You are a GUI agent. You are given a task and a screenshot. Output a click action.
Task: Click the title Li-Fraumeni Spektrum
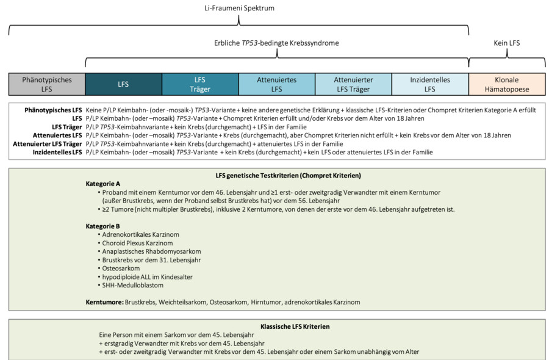coord(239,9)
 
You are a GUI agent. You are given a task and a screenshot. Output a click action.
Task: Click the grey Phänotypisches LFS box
coord(47,84)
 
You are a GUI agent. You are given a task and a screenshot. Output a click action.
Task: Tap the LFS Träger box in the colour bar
coord(200,84)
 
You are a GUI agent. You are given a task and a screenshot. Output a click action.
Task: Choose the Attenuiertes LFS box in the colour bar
coord(276,84)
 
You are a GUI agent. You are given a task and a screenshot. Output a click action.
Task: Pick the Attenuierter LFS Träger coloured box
coord(353,84)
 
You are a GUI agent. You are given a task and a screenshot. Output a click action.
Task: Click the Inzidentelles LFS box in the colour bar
coord(430,84)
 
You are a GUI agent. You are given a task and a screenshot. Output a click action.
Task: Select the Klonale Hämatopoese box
coord(507,84)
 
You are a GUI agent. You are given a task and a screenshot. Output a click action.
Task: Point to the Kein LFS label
coord(506,43)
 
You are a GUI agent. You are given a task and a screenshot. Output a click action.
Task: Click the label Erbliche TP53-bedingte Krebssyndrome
coord(277,43)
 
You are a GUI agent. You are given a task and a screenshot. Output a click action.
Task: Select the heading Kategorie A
coord(103,184)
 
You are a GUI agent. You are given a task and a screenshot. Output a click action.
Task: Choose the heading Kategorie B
coord(103,226)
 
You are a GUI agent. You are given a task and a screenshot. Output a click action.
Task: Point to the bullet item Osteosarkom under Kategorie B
coord(122,268)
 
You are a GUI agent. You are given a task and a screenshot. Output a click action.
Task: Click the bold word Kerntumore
coord(104,302)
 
